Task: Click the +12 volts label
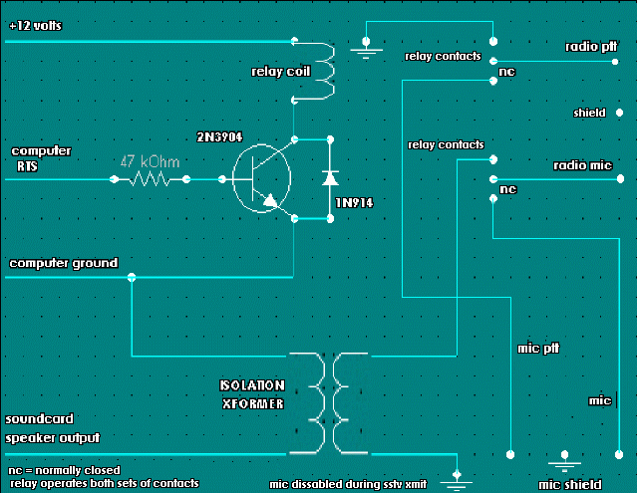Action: pyautogui.click(x=36, y=26)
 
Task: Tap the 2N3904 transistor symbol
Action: pyautogui.click(x=262, y=180)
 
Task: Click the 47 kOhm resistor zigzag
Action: pyautogui.click(x=151, y=180)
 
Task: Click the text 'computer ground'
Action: pyautogui.click(x=63, y=263)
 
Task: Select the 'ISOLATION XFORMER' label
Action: pyautogui.click(x=252, y=393)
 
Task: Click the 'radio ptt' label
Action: pyautogui.click(x=589, y=46)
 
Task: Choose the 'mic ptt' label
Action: pyautogui.click(x=541, y=349)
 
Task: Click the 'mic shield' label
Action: pyautogui.click(x=575, y=483)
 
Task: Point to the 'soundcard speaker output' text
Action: pyautogui.click(x=54, y=428)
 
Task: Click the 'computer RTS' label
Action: pyautogui.click(x=40, y=158)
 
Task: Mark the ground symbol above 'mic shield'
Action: pyautogui.click(x=565, y=462)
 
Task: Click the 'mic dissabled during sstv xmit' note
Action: pyautogui.click(x=348, y=484)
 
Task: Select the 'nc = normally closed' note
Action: pyautogui.click(x=64, y=469)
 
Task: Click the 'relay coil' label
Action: pyautogui.click(x=274, y=71)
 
